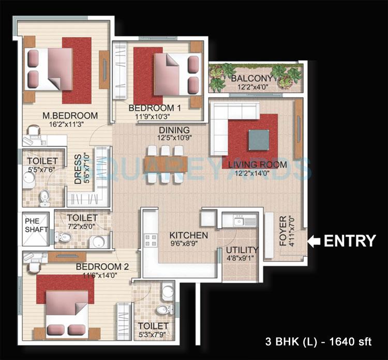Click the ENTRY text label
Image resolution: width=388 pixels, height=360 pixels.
(350, 241)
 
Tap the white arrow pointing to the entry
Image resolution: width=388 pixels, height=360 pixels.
(315, 241)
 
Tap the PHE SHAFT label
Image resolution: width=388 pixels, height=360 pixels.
(36, 225)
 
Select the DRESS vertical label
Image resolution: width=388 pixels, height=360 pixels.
(78, 169)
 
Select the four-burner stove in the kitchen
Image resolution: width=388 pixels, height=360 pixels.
(151, 240)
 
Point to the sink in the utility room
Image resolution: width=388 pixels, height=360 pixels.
(239, 222)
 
